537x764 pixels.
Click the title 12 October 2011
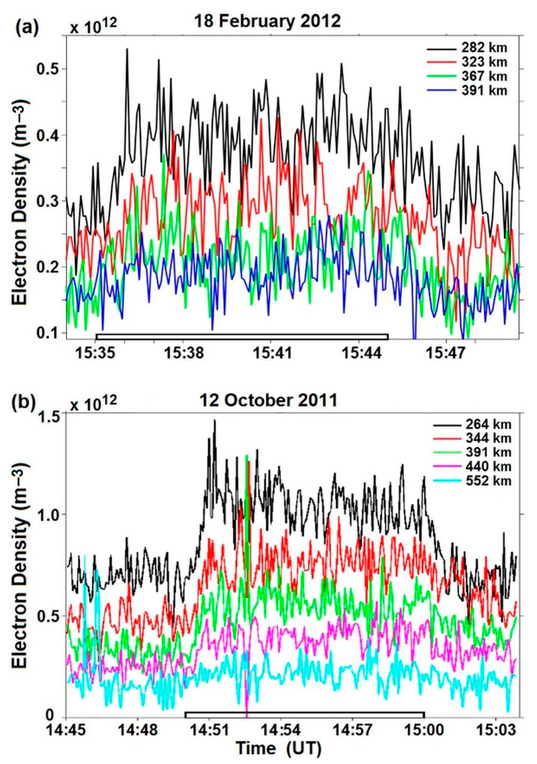click(x=270, y=400)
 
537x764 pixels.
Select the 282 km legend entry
click(x=484, y=48)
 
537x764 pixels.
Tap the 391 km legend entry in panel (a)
click(x=484, y=91)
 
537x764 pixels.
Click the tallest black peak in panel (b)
click(x=215, y=421)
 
